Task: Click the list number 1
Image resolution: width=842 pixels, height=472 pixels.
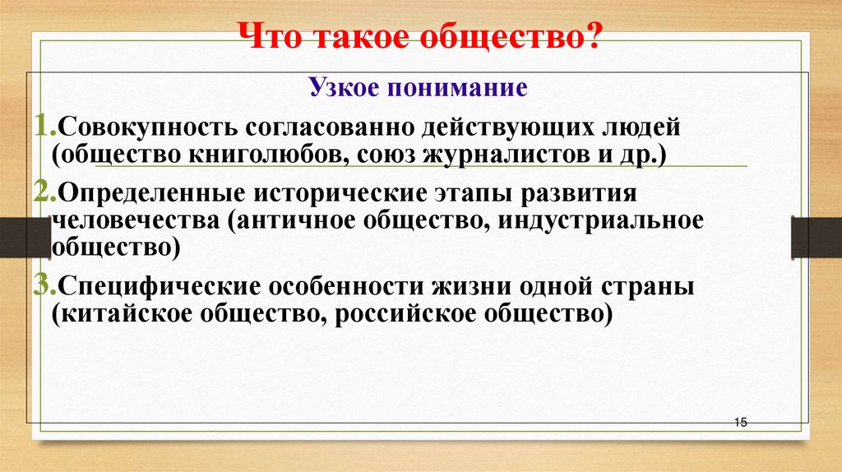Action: point(41,129)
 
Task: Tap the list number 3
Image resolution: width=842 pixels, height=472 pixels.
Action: point(41,288)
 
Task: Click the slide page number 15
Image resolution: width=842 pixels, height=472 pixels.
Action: point(739,422)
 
